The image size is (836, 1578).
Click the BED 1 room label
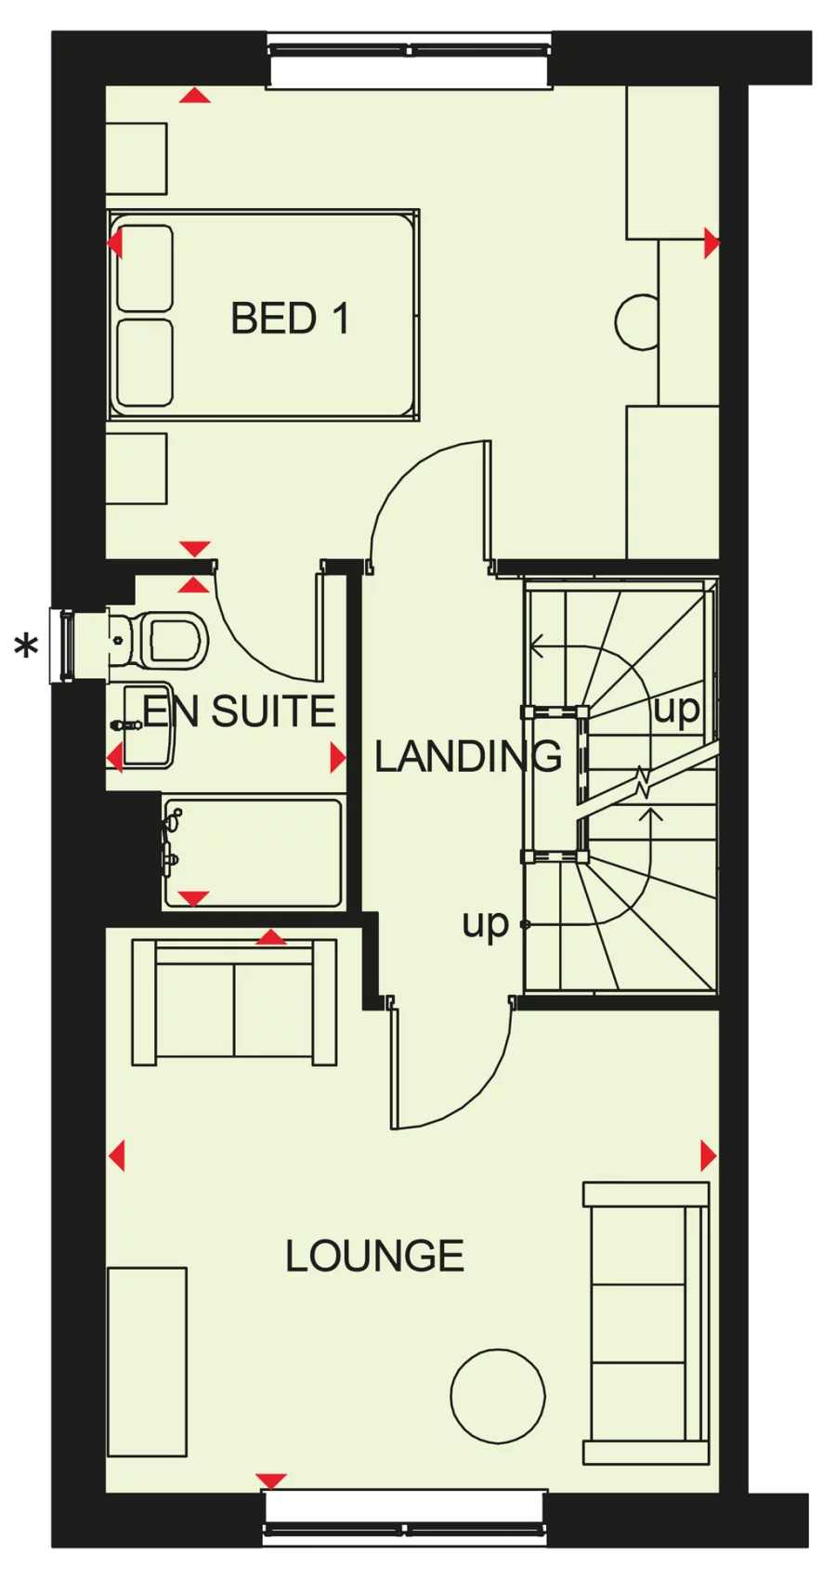pos(289,319)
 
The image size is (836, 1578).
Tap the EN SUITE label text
pos(239,711)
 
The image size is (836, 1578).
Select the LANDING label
pos(467,757)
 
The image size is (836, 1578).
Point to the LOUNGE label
pos(374,1256)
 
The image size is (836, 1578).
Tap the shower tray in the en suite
pos(253,851)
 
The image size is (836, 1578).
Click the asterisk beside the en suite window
pos(27,646)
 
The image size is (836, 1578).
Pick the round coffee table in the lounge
pos(498,1395)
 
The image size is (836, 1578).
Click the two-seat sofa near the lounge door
pos(234,1001)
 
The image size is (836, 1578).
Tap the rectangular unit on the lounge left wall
pos(147,1361)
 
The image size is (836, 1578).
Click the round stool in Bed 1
pos(637,321)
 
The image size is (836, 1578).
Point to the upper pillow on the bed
pos(145,267)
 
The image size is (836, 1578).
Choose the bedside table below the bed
pos(137,468)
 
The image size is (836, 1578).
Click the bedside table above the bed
pos(137,159)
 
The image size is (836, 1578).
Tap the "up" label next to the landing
pos(486,923)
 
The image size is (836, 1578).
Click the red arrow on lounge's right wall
pos(708,1156)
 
